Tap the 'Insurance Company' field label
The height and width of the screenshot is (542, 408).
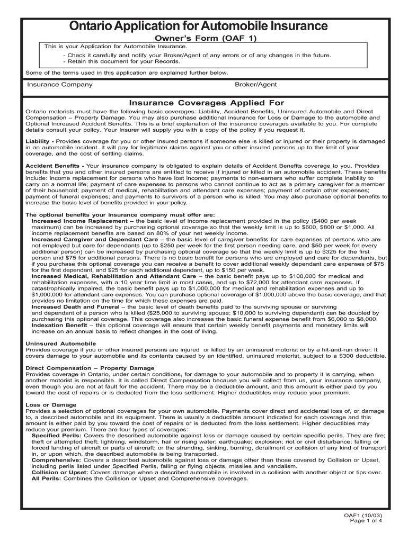(x=60, y=85)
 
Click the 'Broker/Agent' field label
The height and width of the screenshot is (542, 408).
(x=255, y=85)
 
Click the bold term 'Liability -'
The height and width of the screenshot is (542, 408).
(x=40, y=141)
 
